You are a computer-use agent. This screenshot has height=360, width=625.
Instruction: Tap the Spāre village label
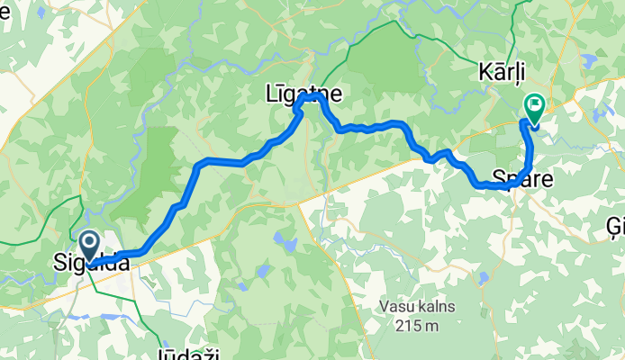(522, 178)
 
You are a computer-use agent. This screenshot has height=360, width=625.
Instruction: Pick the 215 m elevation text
(416, 325)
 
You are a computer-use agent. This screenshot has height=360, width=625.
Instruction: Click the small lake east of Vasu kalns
(484, 278)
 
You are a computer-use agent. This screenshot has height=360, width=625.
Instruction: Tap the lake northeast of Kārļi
(591, 60)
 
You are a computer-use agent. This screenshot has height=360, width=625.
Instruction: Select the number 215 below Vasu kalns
(408, 325)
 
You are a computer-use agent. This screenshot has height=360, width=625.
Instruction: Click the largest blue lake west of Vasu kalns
(286, 245)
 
